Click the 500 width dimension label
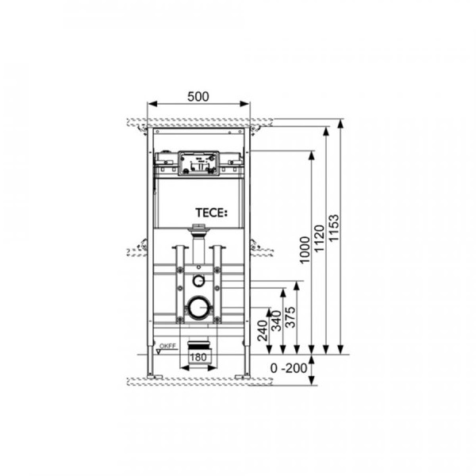tap(198, 97)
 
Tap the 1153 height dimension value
tap(334, 228)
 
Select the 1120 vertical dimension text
tap(319, 238)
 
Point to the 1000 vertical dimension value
tap(305, 250)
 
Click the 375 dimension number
tap(290, 317)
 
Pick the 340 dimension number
tap(276, 321)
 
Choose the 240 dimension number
tap(263, 331)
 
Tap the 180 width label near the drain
tap(198, 357)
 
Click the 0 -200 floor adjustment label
tap(289, 368)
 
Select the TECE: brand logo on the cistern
tap(211, 213)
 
